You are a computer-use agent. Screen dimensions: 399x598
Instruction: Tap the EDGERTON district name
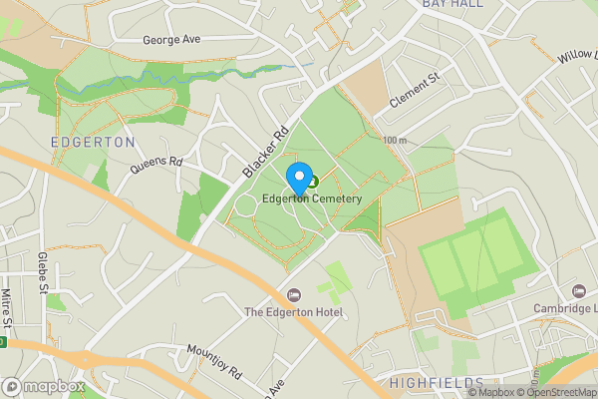tap(93, 143)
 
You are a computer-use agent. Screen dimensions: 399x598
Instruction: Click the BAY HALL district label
tap(452, 4)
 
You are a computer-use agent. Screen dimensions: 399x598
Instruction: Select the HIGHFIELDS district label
tap(438, 383)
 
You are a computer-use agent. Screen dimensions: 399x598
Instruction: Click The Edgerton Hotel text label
tap(294, 313)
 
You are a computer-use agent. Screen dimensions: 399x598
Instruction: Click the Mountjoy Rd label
tap(214, 362)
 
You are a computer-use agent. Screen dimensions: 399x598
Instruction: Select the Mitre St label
tap(6, 308)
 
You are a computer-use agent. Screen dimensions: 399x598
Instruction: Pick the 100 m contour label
tap(395, 141)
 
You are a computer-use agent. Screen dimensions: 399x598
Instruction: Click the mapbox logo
tap(43, 386)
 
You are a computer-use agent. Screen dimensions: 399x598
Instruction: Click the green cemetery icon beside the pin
tap(313, 182)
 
